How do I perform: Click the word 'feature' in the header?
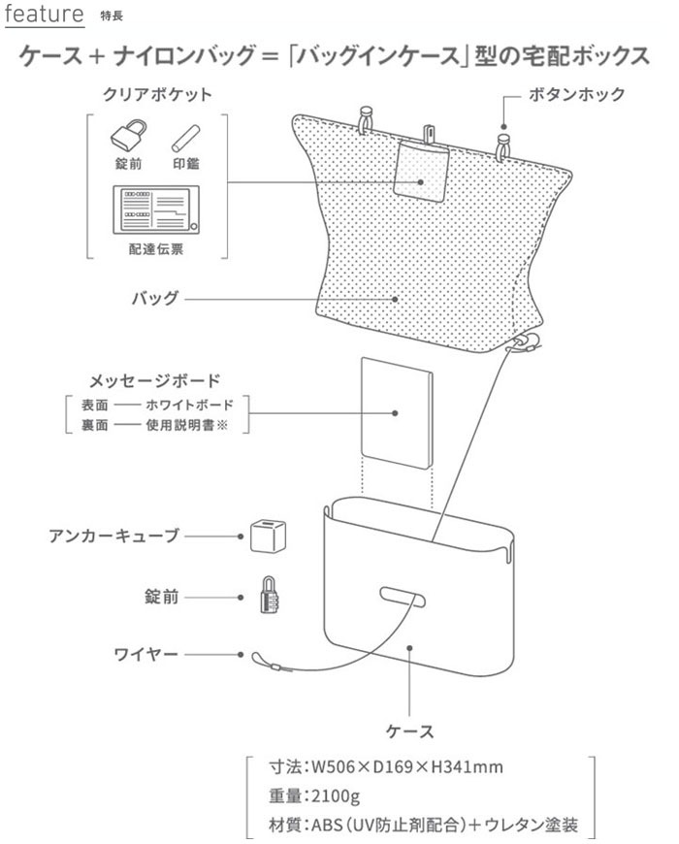(x=43, y=16)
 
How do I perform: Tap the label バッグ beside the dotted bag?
(x=155, y=298)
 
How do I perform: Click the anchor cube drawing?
(x=263, y=535)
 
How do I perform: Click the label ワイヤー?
(x=146, y=655)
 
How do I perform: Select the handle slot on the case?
(x=400, y=594)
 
